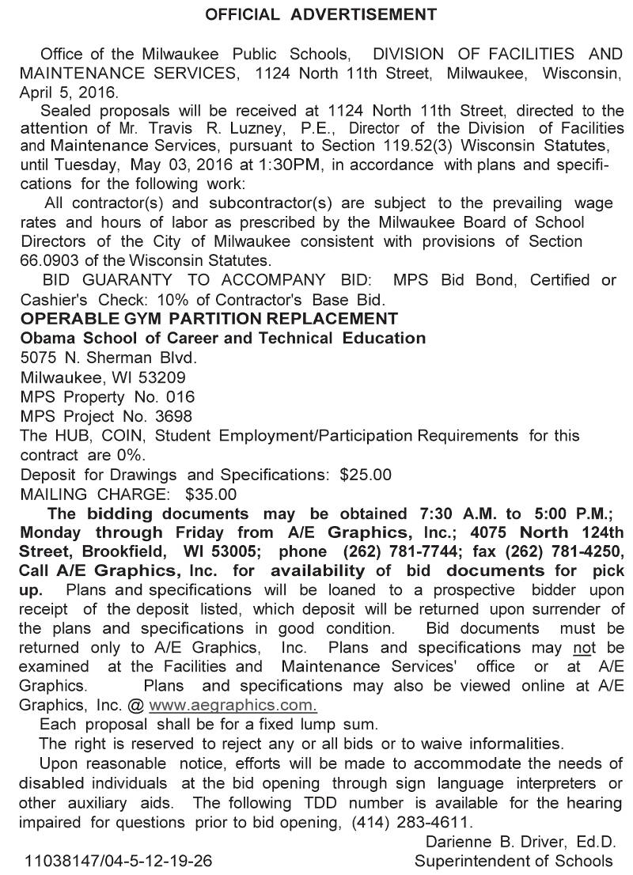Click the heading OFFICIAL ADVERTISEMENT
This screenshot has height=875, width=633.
click(x=320, y=14)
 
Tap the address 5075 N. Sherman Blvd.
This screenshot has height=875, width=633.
click(x=108, y=358)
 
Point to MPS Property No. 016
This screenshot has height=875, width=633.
click(x=108, y=396)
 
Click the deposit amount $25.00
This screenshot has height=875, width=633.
click(x=365, y=475)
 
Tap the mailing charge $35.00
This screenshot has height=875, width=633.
click(x=210, y=494)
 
